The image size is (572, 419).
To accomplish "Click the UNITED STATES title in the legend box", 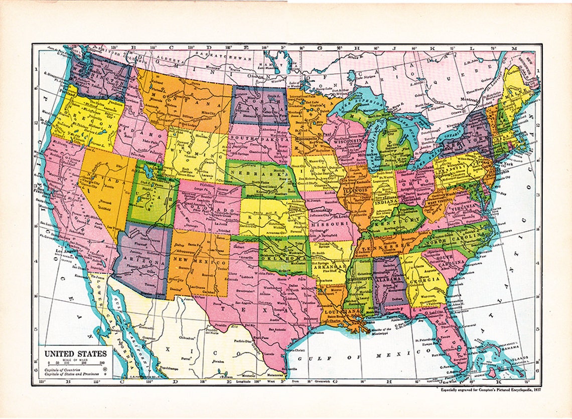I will tap(75, 352).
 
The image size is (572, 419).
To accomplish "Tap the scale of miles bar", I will tap(75, 362).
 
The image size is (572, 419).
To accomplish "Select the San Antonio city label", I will tap(278, 329).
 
